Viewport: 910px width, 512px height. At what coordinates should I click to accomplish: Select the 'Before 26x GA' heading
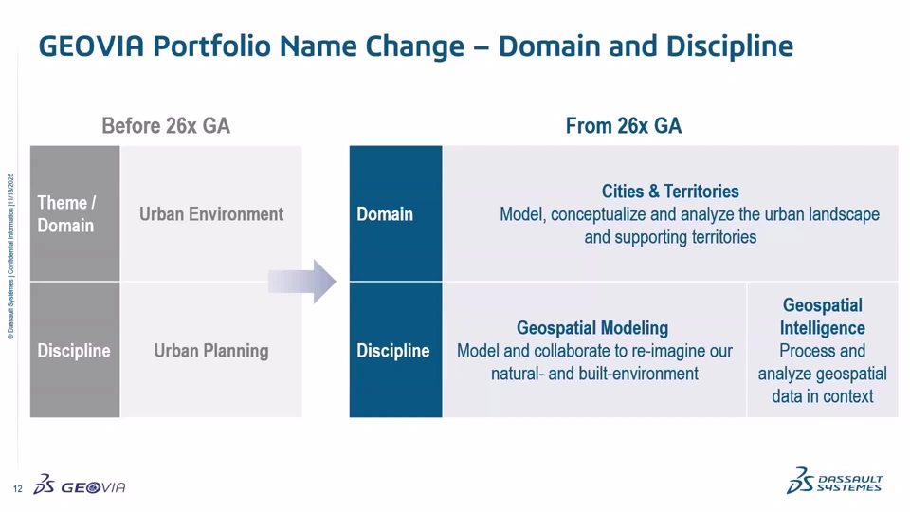166,126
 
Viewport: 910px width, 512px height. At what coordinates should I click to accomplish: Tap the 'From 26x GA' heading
624,126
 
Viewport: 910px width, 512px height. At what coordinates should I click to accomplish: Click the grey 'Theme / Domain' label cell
75,213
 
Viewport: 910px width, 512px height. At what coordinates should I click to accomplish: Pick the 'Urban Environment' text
211,214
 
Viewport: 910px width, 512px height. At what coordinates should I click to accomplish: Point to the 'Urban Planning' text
211,351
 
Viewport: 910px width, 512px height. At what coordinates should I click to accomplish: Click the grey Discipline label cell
75,350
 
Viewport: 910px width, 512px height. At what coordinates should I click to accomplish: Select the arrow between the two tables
301,282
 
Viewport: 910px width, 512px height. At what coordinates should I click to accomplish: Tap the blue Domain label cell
396,213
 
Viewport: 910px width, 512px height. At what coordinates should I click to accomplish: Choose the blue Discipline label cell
396,350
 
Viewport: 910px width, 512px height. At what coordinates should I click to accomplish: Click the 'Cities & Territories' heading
670,192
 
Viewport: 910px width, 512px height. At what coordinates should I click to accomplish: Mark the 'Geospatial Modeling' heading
592,328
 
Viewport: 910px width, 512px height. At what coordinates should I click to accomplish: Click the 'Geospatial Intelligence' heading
823,317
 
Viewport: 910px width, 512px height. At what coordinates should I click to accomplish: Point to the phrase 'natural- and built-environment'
595,374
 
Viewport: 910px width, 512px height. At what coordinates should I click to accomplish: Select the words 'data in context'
823,396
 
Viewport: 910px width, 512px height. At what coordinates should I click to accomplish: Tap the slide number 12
17,489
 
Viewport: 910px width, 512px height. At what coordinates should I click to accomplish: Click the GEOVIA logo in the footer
80,485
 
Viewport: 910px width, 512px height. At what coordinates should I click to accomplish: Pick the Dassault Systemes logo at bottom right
834,482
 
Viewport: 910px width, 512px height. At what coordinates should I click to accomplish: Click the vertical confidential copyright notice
11,256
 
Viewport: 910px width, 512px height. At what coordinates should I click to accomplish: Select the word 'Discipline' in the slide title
730,46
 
